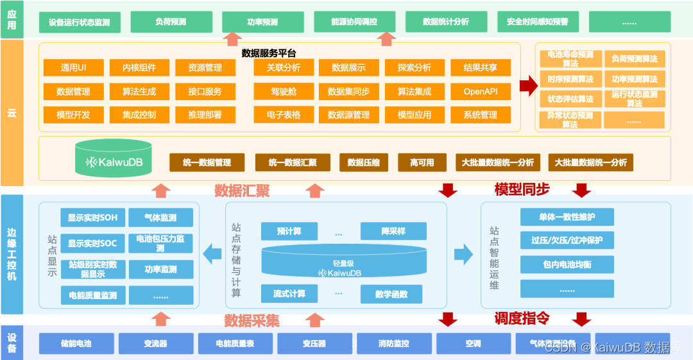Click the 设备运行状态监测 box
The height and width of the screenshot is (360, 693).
(79, 22)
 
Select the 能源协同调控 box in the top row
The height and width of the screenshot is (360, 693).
(354, 22)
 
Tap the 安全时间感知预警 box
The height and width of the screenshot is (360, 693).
(538, 22)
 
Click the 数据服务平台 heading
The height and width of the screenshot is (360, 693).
(269, 53)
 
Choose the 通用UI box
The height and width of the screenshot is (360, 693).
(74, 67)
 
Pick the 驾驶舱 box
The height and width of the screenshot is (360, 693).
(284, 92)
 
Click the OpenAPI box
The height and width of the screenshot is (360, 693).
(481, 92)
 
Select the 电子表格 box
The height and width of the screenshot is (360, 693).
(284, 116)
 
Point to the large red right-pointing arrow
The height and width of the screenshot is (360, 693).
(527, 86)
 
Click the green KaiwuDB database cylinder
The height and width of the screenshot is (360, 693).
(113, 160)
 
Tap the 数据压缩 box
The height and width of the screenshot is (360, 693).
(364, 162)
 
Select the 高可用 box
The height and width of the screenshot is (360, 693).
(422, 162)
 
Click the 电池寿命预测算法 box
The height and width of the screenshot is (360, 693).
(570, 59)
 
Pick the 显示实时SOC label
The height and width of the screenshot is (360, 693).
(92, 244)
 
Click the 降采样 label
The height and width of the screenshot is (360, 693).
(393, 231)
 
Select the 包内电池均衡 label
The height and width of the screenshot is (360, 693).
(567, 264)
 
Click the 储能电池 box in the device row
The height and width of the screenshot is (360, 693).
(76, 343)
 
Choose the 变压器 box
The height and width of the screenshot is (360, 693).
(314, 343)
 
